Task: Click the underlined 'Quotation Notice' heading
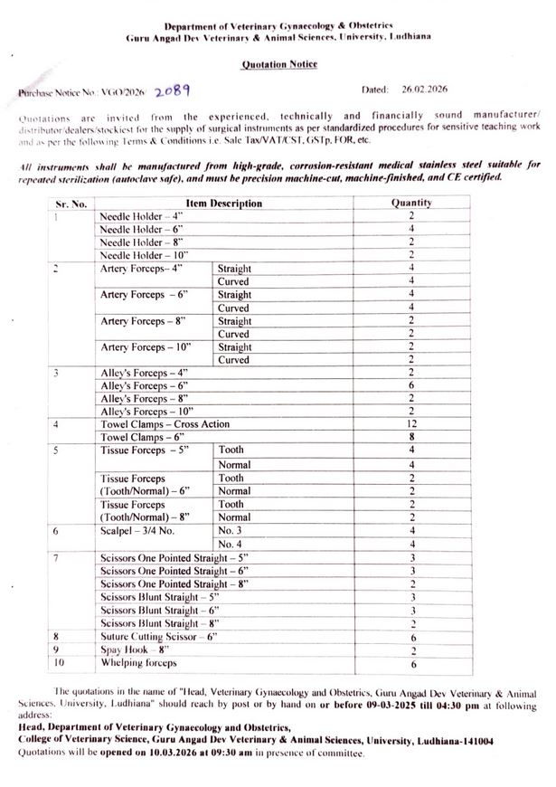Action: [x=278, y=65]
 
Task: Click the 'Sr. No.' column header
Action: [x=71, y=204]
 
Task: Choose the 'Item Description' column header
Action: [x=223, y=204]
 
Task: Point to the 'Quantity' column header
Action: [x=410, y=204]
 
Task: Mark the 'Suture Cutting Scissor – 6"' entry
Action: [x=158, y=636]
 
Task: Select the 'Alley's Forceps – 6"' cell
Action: [x=137, y=385]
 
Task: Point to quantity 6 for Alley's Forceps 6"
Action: [x=410, y=385]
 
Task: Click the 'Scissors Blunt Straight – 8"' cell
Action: [x=148, y=623]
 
